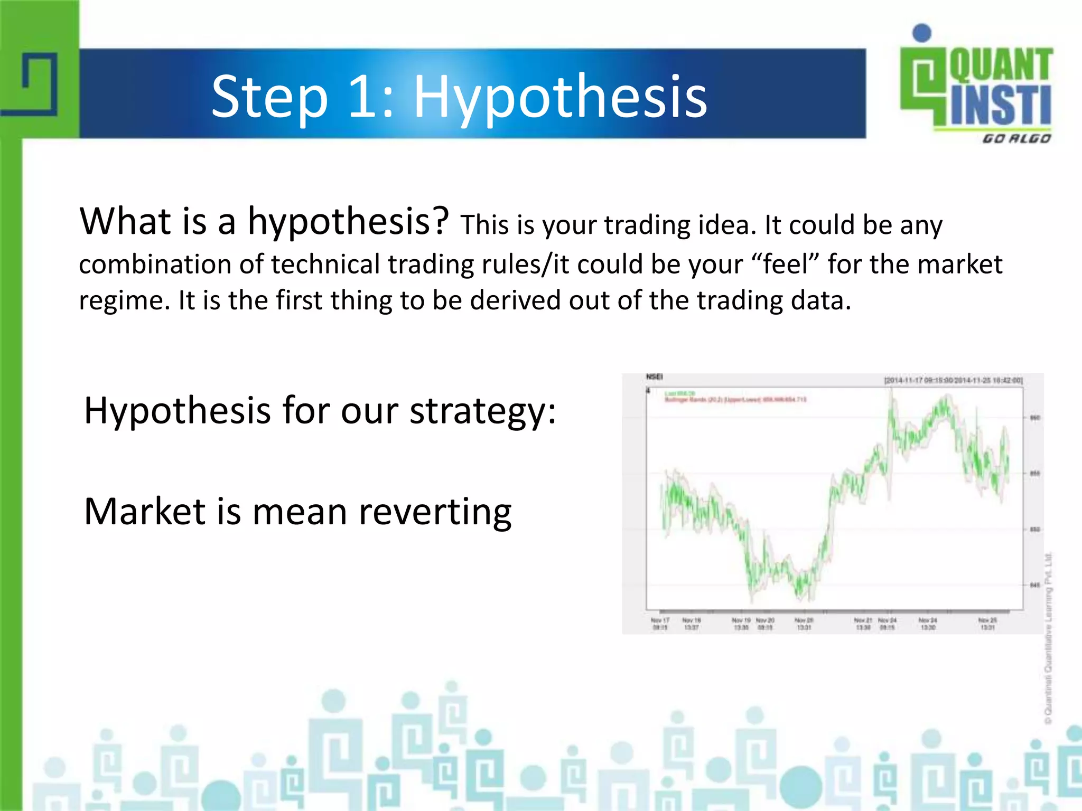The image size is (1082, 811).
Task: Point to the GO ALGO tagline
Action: pos(1016,139)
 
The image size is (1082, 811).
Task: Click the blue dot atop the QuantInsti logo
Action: pos(922,33)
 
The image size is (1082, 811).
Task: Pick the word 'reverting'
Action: pos(435,512)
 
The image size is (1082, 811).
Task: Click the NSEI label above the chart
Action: pos(654,377)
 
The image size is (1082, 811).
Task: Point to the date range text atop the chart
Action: pos(953,380)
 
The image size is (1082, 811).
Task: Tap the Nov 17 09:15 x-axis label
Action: pos(660,624)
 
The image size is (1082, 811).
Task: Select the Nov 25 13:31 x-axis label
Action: pos(987,624)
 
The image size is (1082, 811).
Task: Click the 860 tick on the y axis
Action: pos(1034,418)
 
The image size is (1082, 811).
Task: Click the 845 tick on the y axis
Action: pos(1034,585)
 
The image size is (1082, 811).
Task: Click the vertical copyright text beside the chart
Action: pos(1049,639)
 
